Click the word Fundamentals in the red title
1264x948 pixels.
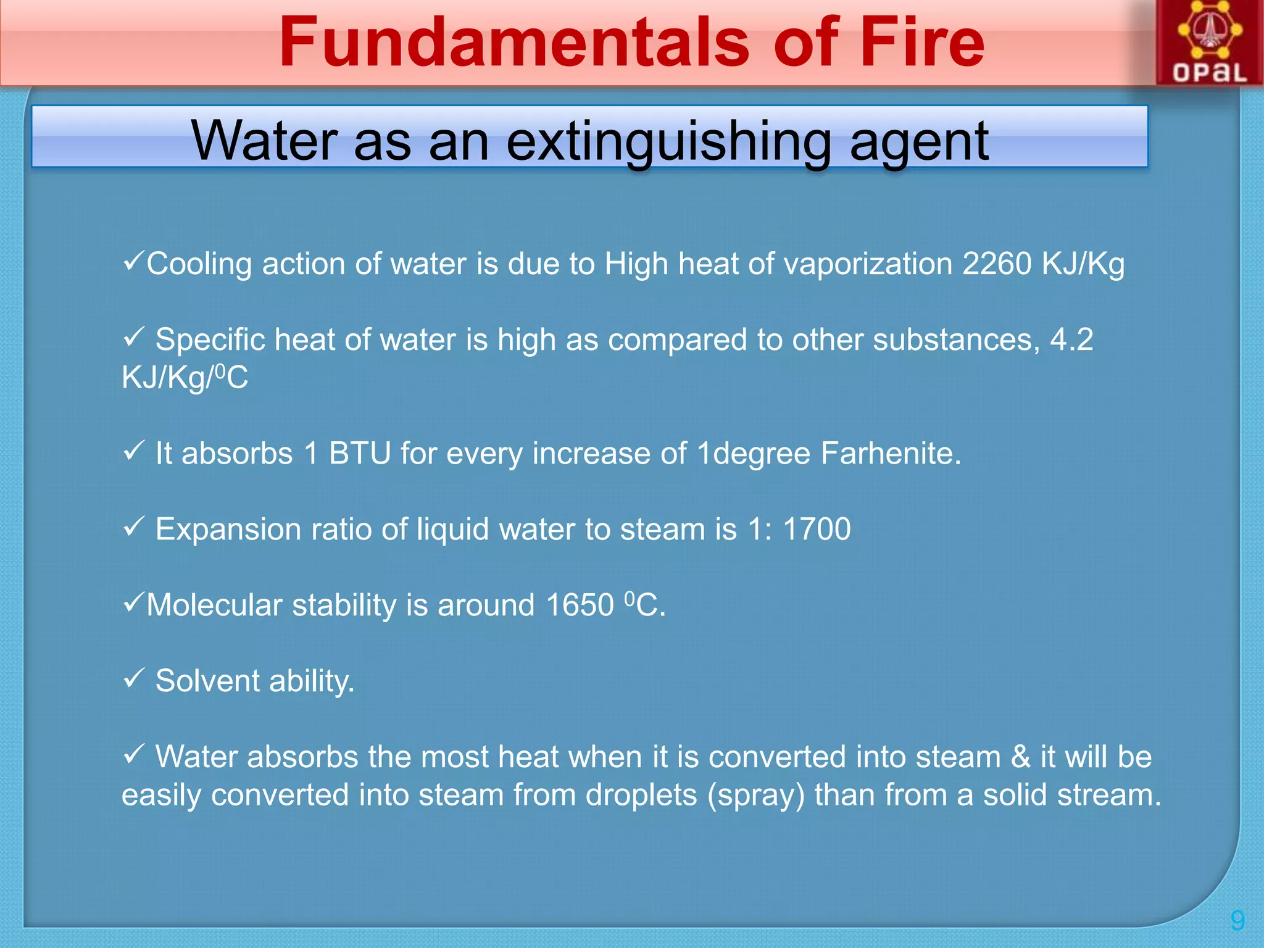click(x=513, y=42)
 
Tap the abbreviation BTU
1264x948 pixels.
click(x=359, y=454)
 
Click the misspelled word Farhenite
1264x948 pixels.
click(x=890, y=454)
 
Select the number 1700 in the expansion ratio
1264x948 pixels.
click(x=817, y=530)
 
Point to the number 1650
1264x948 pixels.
click(x=580, y=605)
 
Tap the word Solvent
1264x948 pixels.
click(x=207, y=681)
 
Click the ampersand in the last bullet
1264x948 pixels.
click(x=1020, y=757)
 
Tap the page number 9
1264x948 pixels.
click(x=1237, y=920)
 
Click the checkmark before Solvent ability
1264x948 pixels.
click(x=133, y=678)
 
